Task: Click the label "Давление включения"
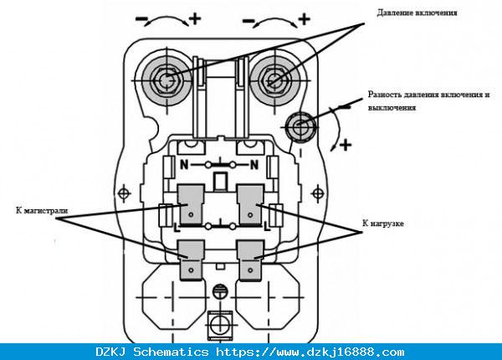coord(417,13)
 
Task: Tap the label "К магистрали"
coord(42,210)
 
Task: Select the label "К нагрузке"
coord(383,224)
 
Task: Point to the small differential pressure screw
coord(300,126)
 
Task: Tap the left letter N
coord(184,165)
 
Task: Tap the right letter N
coord(254,165)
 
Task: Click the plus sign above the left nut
coord(195,18)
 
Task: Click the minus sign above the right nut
coord(248,21)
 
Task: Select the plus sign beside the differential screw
coord(346,145)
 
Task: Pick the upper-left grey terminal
coord(191,203)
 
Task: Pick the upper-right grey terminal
coord(250,203)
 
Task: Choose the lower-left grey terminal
coord(191,260)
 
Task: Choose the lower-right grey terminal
coord(250,260)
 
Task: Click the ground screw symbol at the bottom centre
coord(221,291)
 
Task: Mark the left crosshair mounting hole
coord(124,193)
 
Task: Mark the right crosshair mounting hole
coord(318,193)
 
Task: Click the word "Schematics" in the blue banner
coord(171,352)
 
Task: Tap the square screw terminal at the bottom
coord(220,325)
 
